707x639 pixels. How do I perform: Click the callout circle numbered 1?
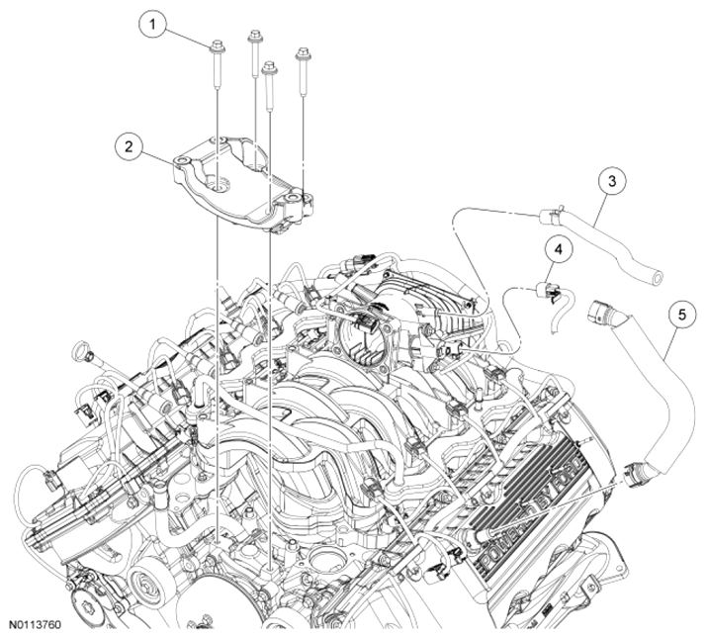152,25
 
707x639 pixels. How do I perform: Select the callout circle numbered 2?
129,146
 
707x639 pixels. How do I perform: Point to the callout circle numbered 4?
559,249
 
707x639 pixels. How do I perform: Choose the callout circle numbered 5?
681,315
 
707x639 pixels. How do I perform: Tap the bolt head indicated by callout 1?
218,46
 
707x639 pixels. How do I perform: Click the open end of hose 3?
656,276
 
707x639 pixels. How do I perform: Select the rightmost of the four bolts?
303,72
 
